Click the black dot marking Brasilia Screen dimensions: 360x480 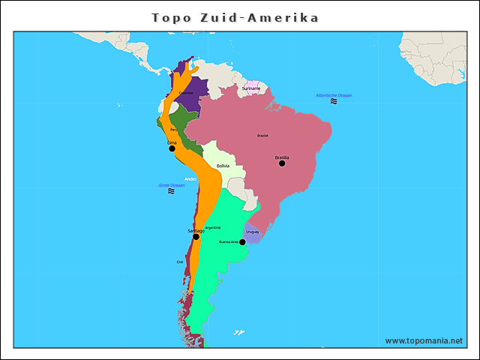coord(282,163)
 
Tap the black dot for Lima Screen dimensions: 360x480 coord(172,148)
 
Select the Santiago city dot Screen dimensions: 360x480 coord(196,237)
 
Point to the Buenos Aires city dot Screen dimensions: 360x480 coord(242,242)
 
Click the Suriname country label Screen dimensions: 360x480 coord(251,88)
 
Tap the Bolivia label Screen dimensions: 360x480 coord(223,166)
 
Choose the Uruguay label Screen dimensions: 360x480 coord(253,232)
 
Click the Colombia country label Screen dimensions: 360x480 coord(186,92)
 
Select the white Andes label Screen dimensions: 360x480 coord(190,178)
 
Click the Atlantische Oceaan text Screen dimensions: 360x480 coord(334,95)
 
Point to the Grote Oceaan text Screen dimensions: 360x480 coord(171,185)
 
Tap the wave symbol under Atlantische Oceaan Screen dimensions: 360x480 coord(334,101)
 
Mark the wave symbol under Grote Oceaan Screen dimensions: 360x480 coord(171,191)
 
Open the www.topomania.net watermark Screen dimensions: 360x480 coord(424,340)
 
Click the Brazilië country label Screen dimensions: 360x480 coord(262,136)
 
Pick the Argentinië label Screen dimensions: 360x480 coord(213,227)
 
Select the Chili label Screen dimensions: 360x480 coord(180,262)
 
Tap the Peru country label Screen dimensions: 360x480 coord(174,129)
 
